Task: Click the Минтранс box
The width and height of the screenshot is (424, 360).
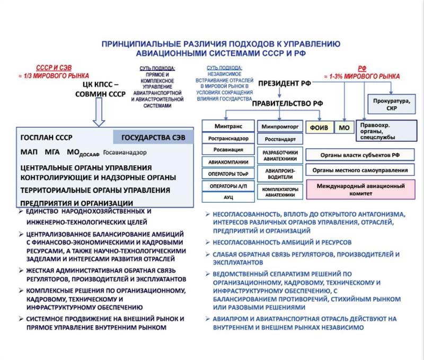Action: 228,127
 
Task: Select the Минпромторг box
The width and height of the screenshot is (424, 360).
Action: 279,127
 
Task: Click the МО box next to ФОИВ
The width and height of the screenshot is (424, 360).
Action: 344,128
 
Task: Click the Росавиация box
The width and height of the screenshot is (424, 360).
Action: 228,150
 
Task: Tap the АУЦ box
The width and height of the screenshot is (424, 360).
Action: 228,196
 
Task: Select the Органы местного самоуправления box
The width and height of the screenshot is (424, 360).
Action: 360,170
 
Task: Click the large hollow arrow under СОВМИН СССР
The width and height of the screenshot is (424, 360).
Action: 100,112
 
